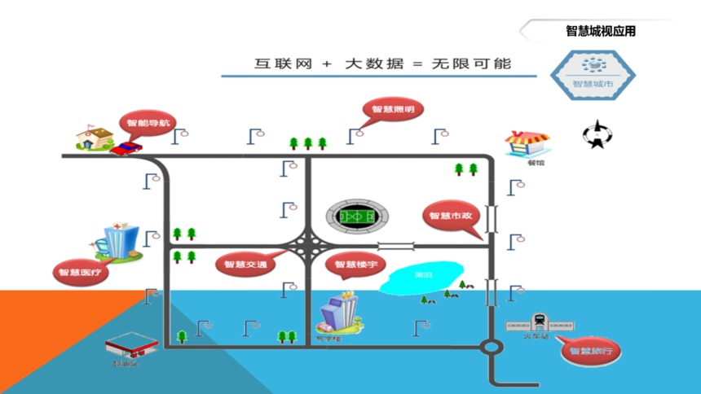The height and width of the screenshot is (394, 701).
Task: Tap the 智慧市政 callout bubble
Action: (451, 216)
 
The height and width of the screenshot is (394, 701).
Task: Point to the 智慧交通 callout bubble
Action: (245, 264)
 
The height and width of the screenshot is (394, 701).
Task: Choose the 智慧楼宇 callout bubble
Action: (355, 264)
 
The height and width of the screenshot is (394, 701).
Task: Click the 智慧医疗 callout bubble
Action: (82, 273)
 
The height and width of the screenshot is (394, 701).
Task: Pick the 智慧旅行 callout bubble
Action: (591, 352)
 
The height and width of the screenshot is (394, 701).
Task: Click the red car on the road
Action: (126, 148)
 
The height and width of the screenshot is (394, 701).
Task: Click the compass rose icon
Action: (597, 134)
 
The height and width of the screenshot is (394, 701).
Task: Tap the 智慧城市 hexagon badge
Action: (593, 74)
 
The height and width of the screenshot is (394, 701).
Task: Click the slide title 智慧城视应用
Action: (601, 32)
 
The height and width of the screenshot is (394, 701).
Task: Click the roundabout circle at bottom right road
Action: (491, 348)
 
